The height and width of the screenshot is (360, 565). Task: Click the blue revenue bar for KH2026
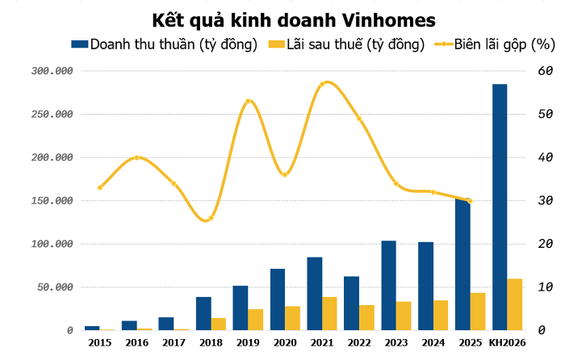point(500,207)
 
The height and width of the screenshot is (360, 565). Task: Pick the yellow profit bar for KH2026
point(514,304)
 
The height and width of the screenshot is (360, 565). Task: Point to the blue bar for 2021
point(314,293)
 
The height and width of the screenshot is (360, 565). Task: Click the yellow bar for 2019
point(254,320)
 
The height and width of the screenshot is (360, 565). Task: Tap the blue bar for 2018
point(203,313)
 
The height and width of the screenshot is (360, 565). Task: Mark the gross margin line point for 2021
point(323,83)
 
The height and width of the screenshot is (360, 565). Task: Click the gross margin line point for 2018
point(211,218)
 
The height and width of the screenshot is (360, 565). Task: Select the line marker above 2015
point(100,187)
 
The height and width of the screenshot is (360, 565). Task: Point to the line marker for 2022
point(359,119)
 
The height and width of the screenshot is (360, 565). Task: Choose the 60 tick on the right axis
point(546,71)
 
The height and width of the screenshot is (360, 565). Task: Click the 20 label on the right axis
point(546,244)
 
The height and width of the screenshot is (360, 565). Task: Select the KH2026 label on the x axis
point(508,343)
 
